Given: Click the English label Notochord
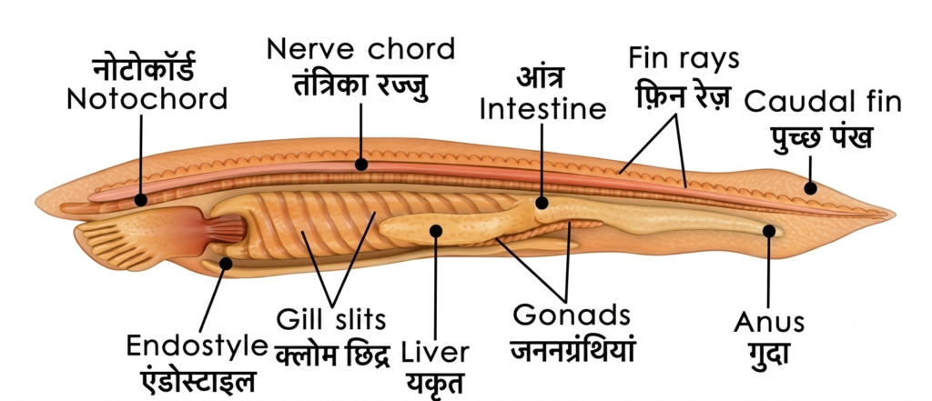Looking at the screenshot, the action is (x=147, y=98).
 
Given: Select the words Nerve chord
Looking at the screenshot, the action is (x=360, y=49).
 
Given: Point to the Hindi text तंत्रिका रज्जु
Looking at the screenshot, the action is (x=361, y=85).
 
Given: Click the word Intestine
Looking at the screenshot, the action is (x=542, y=109).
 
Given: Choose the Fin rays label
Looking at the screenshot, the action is (x=684, y=59).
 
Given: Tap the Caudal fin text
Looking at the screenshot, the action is (x=823, y=102).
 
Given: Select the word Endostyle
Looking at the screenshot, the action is (x=197, y=346).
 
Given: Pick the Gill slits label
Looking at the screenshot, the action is (x=331, y=320).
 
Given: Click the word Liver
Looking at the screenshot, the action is (x=434, y=353).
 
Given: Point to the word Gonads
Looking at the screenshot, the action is (x=572, y=315).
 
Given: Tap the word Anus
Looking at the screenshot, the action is (x=768, y=323).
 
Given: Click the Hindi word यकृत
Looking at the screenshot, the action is (x=434, y=383).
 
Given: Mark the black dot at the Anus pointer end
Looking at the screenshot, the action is (x=769, y=230).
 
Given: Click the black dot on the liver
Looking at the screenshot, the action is (x=436, y=230).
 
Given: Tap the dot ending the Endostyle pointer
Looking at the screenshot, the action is (x=225, y=263).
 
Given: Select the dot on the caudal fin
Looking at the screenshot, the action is (x=810, y=188).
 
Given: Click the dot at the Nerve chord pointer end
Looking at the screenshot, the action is (x=360, y=164).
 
